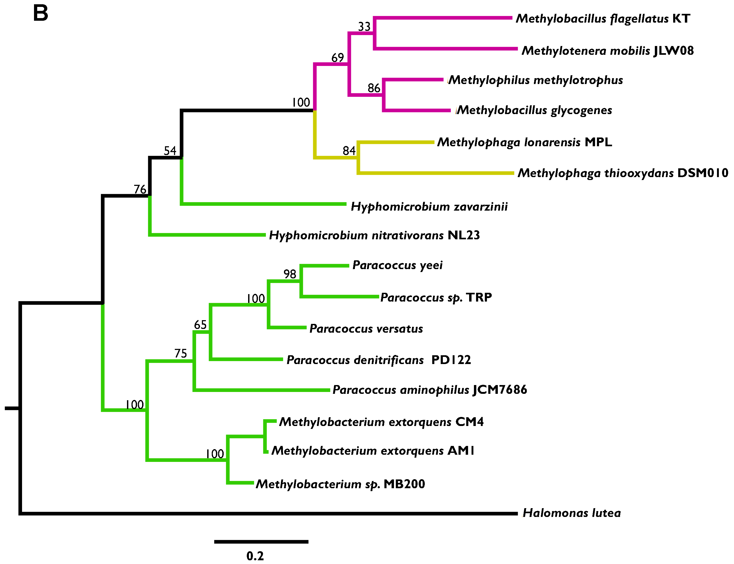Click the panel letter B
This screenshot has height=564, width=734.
point(41,14)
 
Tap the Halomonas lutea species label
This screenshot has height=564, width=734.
point(571,513)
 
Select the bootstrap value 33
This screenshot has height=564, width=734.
point(364,27)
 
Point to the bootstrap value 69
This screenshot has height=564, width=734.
point(337,58)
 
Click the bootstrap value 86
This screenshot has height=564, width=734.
point(374,88)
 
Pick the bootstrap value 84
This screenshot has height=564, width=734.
point(349,151)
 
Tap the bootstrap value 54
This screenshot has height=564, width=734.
point(170,151)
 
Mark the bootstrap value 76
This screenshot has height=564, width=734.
point(140,189)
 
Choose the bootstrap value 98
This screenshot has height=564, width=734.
point(290,274)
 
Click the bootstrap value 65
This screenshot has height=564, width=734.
point(200,325)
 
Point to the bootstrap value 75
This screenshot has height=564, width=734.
point(180,353)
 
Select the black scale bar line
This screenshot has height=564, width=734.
point(261,541)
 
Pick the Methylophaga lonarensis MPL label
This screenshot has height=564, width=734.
point(524,142)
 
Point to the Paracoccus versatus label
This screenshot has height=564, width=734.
point(366,328)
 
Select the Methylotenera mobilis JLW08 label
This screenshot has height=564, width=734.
point(607,51)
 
